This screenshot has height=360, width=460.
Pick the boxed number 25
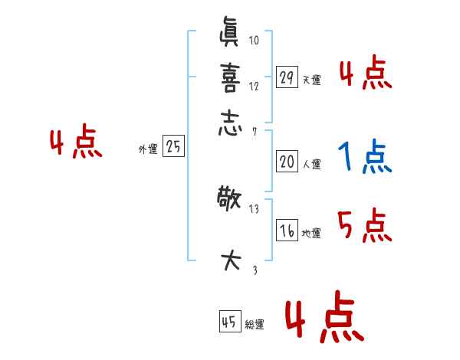174,147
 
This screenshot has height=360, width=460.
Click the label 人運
311,164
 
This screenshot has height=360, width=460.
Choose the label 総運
255,324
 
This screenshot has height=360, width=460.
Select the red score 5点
365,227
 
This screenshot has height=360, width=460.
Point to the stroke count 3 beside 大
254,270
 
